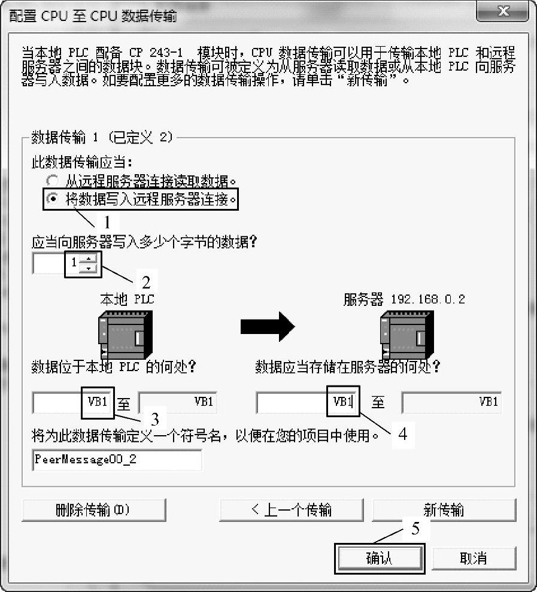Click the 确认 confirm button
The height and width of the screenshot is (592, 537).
click(x=380, y=558)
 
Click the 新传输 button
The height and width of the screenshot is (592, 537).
click(x=444, y=510)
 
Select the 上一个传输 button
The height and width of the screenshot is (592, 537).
click(x=291, y=510)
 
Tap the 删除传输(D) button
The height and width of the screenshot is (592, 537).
click(x=93, y=510)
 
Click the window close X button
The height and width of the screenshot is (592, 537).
click(x=503, y=11)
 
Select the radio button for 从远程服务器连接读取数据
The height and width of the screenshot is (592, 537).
click(x=53, y=180)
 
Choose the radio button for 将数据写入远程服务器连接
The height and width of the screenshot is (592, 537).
click(x=53, y=200)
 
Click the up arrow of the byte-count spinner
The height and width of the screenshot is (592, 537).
click(x=89, y=259)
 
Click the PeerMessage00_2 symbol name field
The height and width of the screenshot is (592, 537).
click(x=117, y=460)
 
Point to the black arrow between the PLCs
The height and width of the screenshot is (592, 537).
click(x=268, y=326)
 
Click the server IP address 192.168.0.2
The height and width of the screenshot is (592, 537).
click(x=427, y=299)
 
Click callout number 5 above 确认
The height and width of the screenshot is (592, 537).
click(x=414, y=529)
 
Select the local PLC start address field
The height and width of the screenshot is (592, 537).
click(x=72, y=402)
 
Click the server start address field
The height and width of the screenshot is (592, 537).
click(x=307, y=402)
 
